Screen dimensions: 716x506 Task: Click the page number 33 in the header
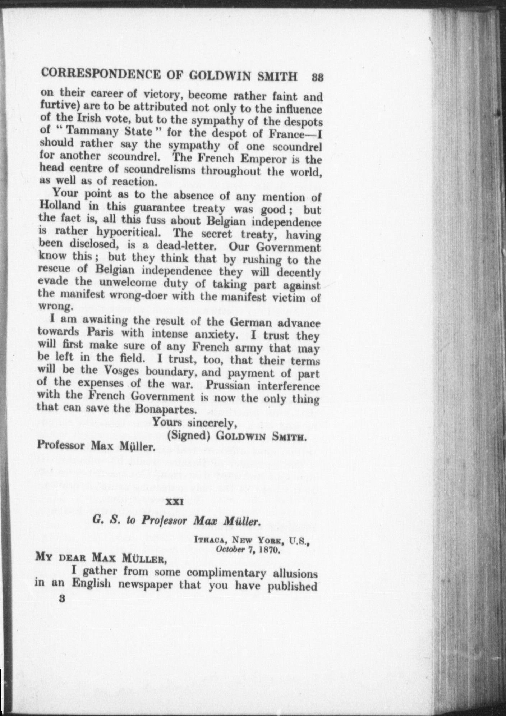click(x=318, y=77)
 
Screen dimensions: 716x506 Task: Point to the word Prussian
click(x=227, y=386)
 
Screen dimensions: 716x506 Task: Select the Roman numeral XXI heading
click(x=174, y=503)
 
